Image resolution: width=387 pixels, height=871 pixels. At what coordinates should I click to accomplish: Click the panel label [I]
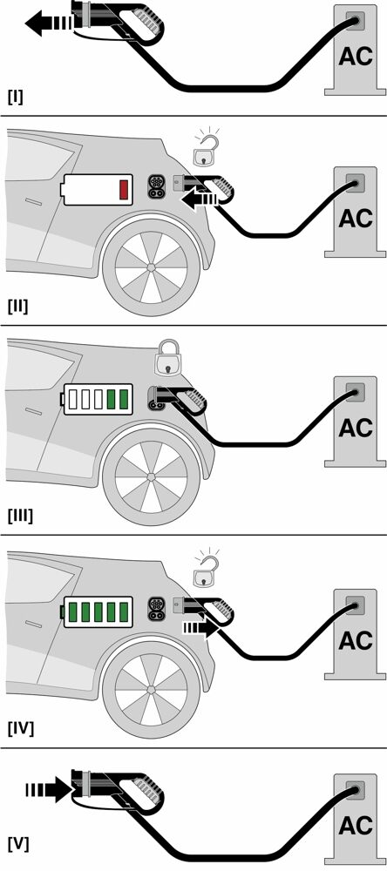click(x=16, y=98)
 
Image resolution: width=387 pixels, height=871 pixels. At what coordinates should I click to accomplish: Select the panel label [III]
click(x=21, y=516)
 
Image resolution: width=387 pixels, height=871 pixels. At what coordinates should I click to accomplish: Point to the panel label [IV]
click(x=21, y=728)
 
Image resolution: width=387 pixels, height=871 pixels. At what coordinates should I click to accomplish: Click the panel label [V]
click(x=18, y=844)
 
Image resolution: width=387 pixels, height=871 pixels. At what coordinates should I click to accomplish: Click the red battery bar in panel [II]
click(x=124, y=190)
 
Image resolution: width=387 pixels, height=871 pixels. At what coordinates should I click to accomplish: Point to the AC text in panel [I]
click(x=356, y=56)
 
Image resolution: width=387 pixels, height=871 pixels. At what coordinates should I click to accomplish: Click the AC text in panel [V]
click(x=356, y=826)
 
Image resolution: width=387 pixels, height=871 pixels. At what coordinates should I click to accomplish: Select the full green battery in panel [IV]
click(x=98, y=611)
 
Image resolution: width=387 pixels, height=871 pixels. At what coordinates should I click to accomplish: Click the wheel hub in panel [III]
click(x=151, y=477)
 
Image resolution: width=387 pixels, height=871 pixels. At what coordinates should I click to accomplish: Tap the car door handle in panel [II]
click(x=33, y=201)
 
